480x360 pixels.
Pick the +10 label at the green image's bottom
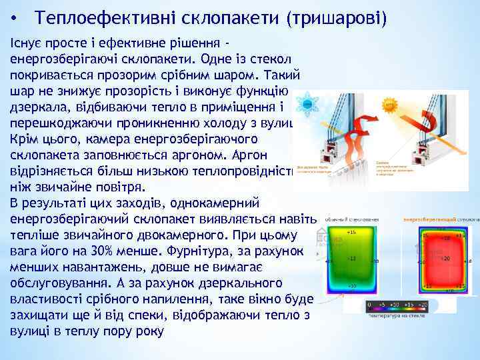coord(352,286)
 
